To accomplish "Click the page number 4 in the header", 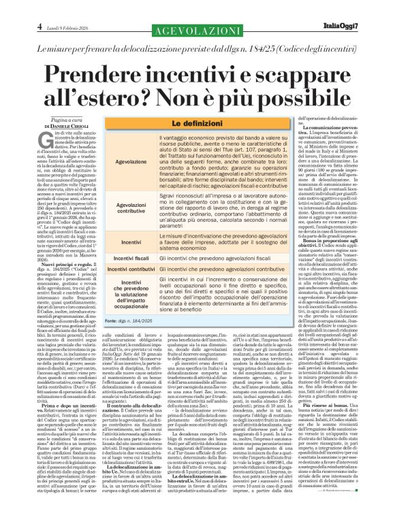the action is pyautogui.click(x=12, y=7).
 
